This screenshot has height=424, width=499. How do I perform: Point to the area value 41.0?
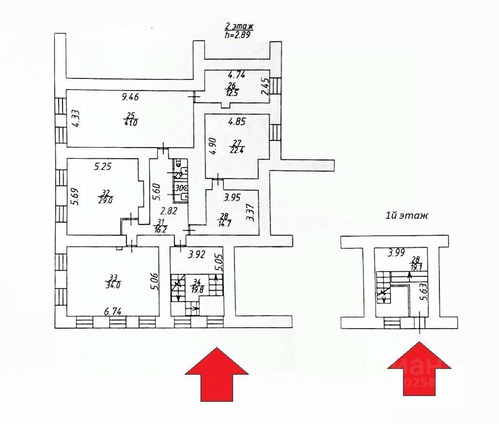pos(131,123)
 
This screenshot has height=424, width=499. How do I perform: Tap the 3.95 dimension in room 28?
pos(232,197)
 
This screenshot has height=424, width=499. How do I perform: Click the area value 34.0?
pos(114,285)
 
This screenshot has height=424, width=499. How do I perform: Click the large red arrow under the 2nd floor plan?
pos(217,373)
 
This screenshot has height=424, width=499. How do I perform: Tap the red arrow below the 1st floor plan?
pos(420,368)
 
